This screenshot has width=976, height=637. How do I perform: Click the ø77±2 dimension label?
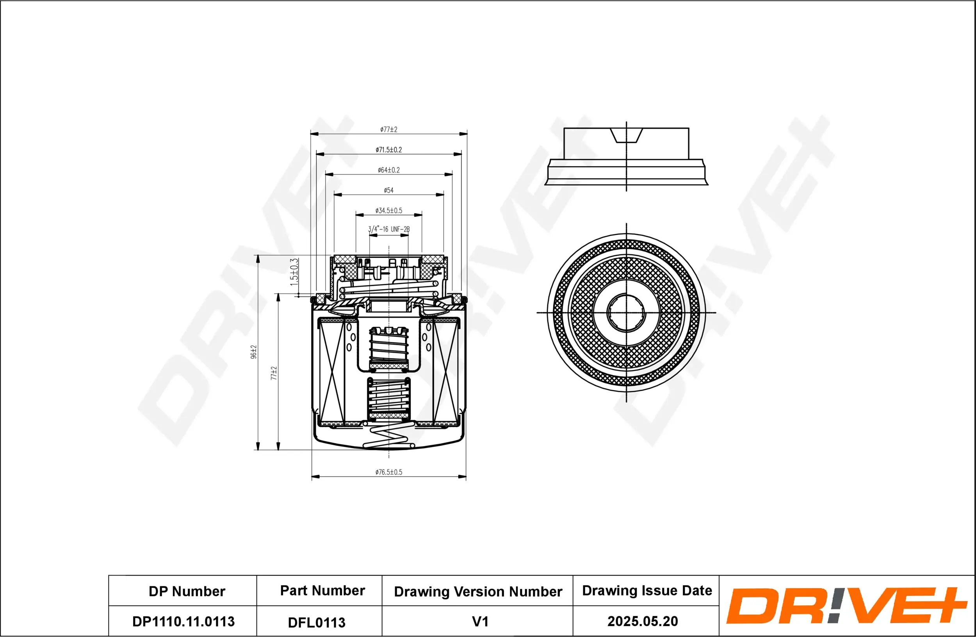[x=388, y=130]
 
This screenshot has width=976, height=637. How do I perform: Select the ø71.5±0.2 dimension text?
[x=388, y=150]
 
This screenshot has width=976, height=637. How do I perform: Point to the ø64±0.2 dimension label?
[x=388, y=170]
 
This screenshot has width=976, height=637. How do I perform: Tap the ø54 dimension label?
[x=388, y=190]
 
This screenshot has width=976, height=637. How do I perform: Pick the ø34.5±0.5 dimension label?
[x=388, y=211]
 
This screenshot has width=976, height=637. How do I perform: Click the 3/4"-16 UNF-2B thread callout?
[x=388, y=229]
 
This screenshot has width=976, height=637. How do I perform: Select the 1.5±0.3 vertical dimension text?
[x=294, y=272]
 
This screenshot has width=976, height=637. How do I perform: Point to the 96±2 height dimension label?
[x=253, y=352]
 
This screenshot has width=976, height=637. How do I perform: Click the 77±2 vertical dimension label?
[x=274, y=373]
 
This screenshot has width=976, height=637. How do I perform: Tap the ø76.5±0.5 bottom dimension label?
[x=388, y=472]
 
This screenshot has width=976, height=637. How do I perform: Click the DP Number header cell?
[x=187, y=591]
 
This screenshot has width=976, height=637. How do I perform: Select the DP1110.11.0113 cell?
[x=183, y=621]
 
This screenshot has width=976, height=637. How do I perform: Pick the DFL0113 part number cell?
[x=317, y=622]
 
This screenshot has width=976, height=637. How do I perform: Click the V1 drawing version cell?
[x=480, y=621]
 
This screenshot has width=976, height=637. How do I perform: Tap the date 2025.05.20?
[x=642, y=621]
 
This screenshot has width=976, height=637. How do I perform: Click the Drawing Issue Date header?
[x=647, y=590]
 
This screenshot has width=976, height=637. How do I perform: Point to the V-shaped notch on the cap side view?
[x=626, y=135]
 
